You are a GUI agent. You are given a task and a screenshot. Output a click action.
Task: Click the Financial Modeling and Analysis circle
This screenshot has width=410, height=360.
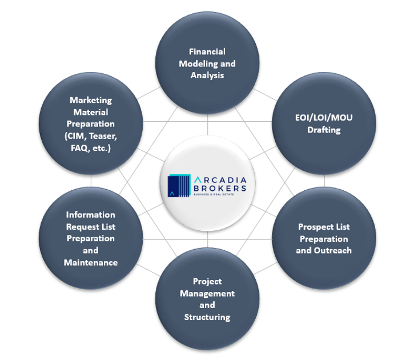[207, 63]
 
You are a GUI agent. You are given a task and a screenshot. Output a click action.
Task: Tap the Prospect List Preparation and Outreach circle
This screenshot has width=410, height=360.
[324, 238]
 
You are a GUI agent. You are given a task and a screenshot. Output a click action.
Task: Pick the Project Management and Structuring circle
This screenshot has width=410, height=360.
[207, 299]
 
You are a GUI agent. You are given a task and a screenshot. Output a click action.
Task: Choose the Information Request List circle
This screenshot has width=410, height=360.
[91, 238]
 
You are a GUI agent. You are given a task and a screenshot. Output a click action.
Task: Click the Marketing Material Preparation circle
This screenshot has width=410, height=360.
[91, 123]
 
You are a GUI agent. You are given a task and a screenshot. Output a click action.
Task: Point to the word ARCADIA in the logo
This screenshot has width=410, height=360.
[220, 179]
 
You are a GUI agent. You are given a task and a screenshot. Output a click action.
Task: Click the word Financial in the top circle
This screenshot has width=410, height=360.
[207, 51]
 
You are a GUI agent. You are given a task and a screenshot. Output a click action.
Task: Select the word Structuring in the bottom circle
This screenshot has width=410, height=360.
[207, 317]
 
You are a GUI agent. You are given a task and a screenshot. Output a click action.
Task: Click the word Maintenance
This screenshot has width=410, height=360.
[91, 262]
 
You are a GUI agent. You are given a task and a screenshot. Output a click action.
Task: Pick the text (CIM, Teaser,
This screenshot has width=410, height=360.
[91, 135]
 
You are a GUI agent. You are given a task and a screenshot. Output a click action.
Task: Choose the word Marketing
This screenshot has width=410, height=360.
[91, 100]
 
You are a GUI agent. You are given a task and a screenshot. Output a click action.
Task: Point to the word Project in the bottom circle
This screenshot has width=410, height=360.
[207, 281]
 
